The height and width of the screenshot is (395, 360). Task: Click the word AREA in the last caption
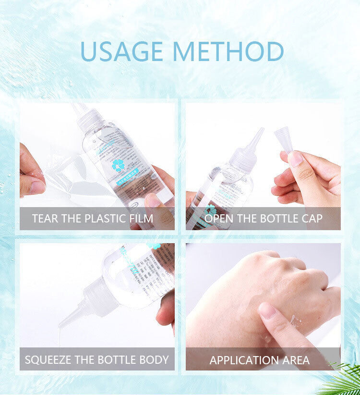[296, 359]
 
